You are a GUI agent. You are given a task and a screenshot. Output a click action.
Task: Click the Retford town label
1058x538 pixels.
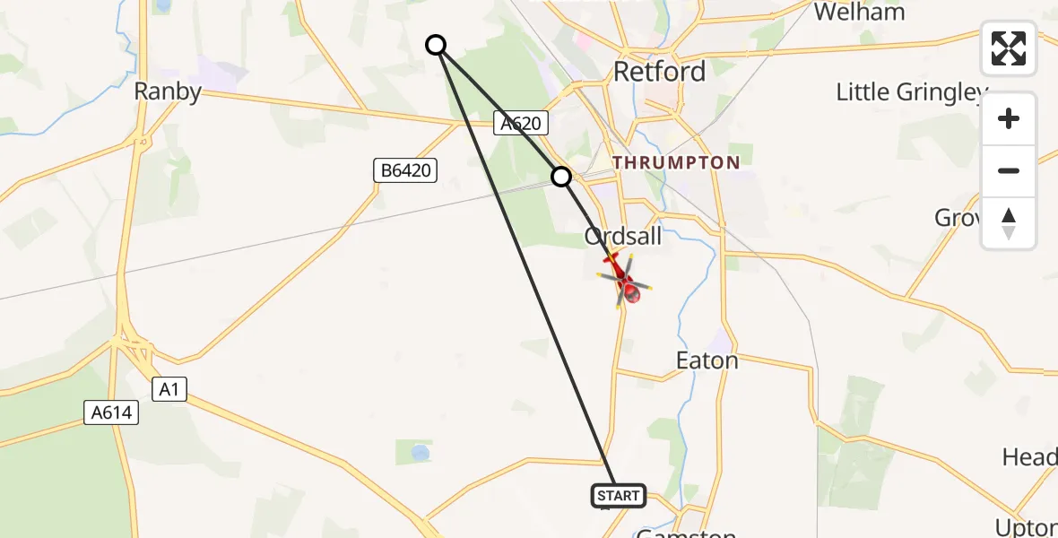659,72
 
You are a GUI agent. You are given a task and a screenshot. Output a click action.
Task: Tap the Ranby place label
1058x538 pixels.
168,91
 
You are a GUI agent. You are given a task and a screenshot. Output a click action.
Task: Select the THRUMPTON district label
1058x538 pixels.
677,162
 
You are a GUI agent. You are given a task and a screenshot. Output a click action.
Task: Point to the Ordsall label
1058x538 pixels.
623,236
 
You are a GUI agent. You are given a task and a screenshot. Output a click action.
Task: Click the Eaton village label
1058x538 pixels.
707,361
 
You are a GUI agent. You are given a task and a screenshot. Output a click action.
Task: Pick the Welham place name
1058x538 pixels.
859,12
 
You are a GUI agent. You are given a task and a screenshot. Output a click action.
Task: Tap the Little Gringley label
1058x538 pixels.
911,92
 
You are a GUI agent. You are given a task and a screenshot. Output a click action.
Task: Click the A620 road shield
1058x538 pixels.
520,125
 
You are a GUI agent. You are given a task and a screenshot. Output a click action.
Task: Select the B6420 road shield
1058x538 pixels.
405,169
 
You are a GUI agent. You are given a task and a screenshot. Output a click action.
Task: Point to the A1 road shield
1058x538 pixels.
168,388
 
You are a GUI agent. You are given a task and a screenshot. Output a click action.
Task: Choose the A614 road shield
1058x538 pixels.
112,412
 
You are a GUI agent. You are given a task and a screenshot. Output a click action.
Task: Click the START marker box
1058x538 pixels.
618,496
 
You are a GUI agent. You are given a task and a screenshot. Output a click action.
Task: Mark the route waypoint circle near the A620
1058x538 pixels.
561,178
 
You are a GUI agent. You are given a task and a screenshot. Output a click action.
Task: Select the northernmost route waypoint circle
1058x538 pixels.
436,45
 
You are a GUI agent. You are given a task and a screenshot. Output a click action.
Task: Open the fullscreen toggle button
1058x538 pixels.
1009,48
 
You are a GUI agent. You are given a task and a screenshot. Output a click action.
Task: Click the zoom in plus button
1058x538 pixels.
1009,118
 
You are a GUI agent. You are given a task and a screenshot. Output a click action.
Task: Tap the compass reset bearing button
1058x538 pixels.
1009,222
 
